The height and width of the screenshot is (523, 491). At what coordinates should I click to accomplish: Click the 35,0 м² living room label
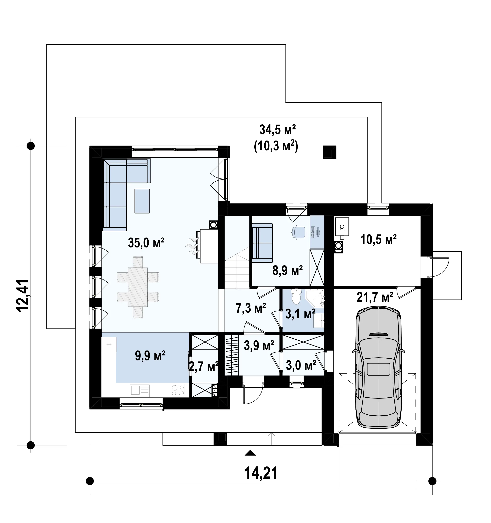point(146,243)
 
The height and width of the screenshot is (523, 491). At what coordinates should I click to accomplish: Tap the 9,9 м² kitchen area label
point(150,356)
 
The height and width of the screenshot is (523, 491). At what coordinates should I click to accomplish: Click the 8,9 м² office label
point(287,270)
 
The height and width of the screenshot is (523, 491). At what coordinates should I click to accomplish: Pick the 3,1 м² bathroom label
point(301,314)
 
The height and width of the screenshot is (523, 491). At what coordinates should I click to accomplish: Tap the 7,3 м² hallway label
point(251,308)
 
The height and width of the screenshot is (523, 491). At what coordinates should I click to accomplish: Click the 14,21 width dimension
point(261,473)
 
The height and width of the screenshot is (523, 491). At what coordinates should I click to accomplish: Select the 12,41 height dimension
point(23,296)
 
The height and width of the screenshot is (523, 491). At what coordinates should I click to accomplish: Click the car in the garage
point(379,369)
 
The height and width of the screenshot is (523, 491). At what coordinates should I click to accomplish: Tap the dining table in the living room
point(138,287)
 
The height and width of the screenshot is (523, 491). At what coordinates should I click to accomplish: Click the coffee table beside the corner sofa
point(142,201)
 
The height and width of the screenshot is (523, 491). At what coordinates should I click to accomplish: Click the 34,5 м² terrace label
point(277,130)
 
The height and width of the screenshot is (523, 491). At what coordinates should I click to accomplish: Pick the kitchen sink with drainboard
point(140,390)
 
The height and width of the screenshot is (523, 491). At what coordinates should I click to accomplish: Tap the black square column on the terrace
point(330,152)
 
